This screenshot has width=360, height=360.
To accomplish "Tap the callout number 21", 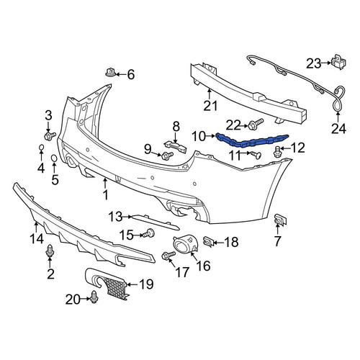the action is pos(210,106).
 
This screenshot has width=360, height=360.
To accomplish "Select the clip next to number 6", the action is pos(111,72).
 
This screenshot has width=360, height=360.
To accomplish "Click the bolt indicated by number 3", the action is pos(50,136).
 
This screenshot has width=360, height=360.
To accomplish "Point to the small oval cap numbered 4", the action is pos(41,147).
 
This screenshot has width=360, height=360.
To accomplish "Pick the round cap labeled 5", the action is pos(54,158).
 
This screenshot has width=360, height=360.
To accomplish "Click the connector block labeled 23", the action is pos(339,61).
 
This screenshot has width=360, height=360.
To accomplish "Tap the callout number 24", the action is pos(339,129).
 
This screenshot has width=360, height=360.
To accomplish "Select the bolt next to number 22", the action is pos(256,124).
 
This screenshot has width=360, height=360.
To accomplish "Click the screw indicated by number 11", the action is pos(256,155).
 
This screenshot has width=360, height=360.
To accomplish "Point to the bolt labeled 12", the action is pos(278,152).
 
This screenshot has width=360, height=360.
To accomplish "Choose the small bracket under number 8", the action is pos(176,146).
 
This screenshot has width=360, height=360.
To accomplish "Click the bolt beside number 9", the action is pos(167,156).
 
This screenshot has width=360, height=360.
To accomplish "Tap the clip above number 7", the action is pos(280,220).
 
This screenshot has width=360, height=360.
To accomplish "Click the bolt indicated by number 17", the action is pos(168,256).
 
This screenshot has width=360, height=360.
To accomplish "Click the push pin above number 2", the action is pos(50,251).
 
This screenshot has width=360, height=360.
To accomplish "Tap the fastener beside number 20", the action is pos(94,297).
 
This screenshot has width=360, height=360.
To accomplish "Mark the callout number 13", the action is pos(115,217).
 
